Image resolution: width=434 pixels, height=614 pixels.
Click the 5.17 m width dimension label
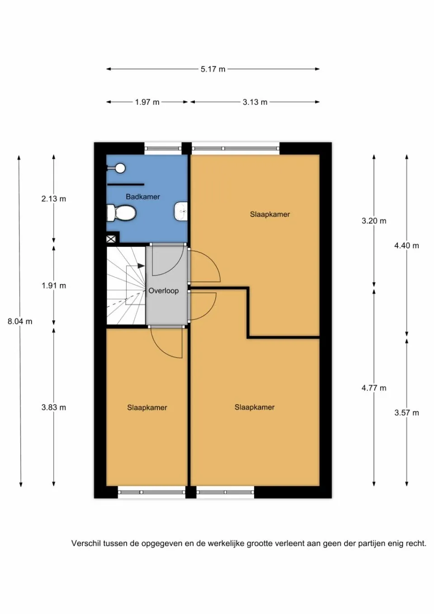213,69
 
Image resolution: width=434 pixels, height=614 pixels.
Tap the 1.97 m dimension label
147,102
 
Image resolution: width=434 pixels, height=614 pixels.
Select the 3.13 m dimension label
255,102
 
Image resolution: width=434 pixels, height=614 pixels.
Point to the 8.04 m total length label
20,321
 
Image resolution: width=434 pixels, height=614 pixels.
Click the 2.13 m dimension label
54,198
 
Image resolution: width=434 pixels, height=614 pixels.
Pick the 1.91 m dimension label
54,286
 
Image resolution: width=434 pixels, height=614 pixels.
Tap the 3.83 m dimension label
54,407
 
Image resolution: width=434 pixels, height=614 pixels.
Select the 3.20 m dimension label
374,221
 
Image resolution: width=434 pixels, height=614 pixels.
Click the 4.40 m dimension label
406,246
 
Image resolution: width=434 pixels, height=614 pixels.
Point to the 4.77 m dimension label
374,388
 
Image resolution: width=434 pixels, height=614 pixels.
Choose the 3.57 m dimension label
406,413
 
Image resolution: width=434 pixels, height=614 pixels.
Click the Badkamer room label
143,197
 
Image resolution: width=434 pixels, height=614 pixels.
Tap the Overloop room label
164,291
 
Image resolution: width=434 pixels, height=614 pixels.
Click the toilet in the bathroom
122,213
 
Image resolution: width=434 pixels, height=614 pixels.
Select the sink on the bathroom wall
181,211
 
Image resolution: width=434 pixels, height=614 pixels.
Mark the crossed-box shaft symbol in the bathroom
111,239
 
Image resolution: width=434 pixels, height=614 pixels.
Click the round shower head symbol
120,168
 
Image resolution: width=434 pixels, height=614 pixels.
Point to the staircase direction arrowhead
141,266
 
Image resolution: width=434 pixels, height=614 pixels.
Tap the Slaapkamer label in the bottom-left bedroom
147,408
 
